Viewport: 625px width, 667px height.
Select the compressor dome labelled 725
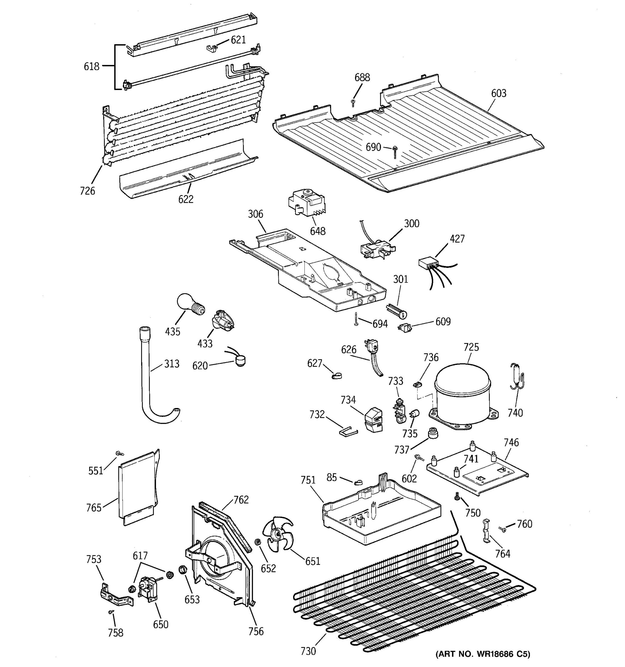pyautogui.click(x=463, y=393)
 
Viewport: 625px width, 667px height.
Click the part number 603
pyautogui.click(x=499, y=93)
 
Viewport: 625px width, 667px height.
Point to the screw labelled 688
pyautogui.click(x=353, y=102)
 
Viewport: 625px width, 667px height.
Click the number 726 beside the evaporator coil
pyautogui.click(x=87, y=191)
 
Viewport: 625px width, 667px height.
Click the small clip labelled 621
pyautogui.click(x=212, y=49)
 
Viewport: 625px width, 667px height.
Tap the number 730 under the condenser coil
pyautogui.click(x=308, y=651)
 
